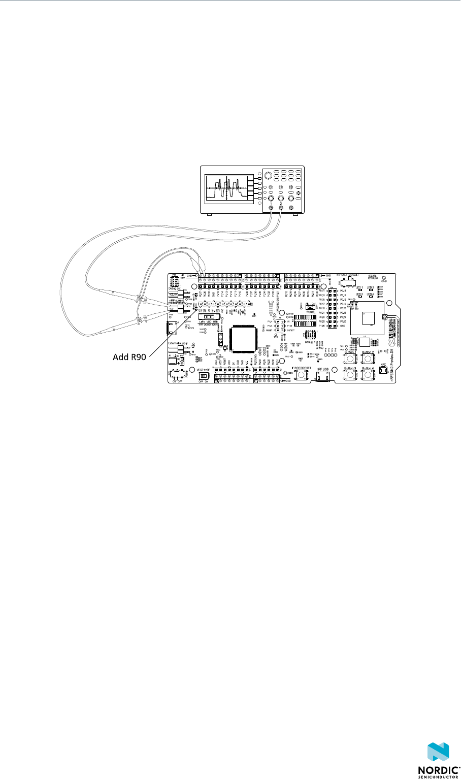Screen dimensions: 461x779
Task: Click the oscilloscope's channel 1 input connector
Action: click(x=271, y=208)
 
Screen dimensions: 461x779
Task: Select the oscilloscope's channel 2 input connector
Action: click(x=281, y=208)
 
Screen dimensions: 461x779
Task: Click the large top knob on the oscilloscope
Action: click(x=268, y=175)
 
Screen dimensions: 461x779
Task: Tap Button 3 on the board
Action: click(x=350, y=375)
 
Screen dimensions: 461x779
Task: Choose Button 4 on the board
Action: click(x=367, y=375)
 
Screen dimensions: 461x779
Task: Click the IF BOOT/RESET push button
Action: click(x=301, y=375)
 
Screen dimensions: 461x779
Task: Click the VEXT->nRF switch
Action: click(x=204, y=375)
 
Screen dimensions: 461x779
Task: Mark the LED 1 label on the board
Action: click(x=359, y=287)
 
